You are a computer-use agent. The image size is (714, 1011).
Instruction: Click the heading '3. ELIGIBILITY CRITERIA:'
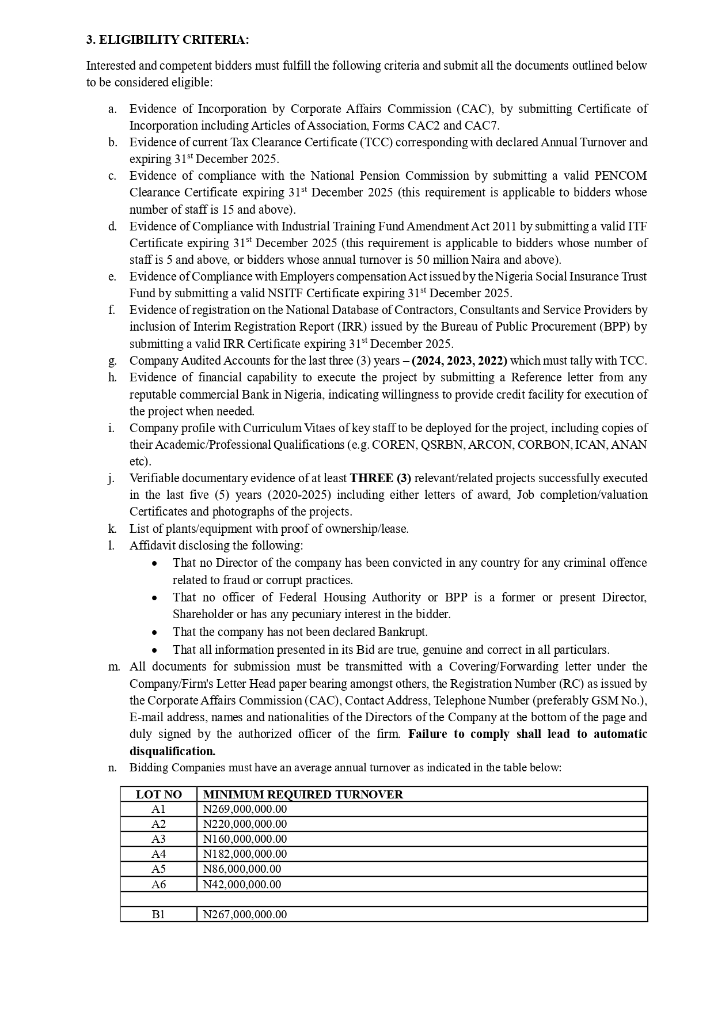pos(168,40)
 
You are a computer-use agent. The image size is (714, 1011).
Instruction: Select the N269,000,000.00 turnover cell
pos(245,809)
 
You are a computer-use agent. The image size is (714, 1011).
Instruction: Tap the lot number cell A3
pos(158,839)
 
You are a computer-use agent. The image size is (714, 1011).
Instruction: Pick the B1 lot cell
pos(158,914)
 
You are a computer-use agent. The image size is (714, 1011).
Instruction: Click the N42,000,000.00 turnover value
pos(242,884)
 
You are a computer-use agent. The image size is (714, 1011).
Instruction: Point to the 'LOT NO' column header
pos(158,794)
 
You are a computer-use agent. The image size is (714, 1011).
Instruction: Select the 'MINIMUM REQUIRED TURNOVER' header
pos(303,794)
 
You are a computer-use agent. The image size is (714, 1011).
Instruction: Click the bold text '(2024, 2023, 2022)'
pos(459,361)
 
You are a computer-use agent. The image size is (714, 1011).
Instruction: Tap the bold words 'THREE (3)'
pos(381,478)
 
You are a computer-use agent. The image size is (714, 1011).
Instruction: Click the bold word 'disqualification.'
pos(172,751)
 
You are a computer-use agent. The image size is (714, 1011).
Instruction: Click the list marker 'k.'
pos(112,529)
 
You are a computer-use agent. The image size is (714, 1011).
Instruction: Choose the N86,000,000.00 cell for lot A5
pos(242,869)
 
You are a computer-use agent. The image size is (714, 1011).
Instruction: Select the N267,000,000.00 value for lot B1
pos(245,914)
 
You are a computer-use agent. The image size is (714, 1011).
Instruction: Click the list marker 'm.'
pos(114,667)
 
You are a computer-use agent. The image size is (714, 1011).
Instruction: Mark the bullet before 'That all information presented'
pos(154,650)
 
